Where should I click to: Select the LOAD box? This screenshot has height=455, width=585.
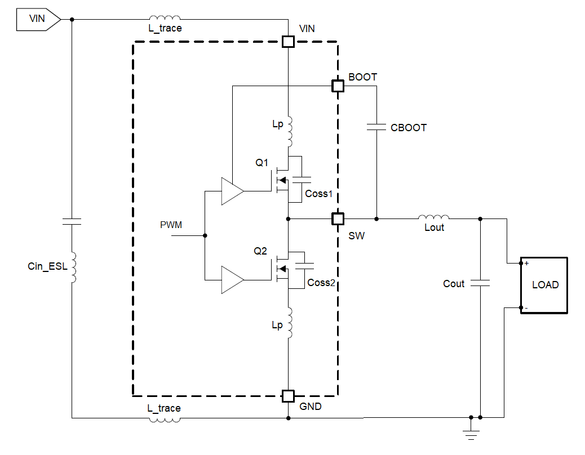click(x=544, y=285)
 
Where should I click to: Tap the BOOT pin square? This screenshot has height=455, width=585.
click(x=337, y=86)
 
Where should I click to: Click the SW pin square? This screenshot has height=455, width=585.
click(x=337, y=218)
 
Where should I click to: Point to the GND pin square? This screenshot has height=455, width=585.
click(x=288, y=395)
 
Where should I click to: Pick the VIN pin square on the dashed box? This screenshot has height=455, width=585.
click(x=288, y=42)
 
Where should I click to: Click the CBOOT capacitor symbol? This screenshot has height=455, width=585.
click(x=376, y=128)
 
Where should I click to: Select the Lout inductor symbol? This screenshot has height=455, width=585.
click(x=433, y=217)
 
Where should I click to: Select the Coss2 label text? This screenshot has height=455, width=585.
click(x=321, y=283)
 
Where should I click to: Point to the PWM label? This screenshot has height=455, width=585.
click(x=171, y=225)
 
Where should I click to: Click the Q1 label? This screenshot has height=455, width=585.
click(x=262, y=163)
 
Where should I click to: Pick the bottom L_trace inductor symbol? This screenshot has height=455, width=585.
click(x=165, y=418)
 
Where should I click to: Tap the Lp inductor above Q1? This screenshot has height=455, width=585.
click(x=289, y=131)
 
